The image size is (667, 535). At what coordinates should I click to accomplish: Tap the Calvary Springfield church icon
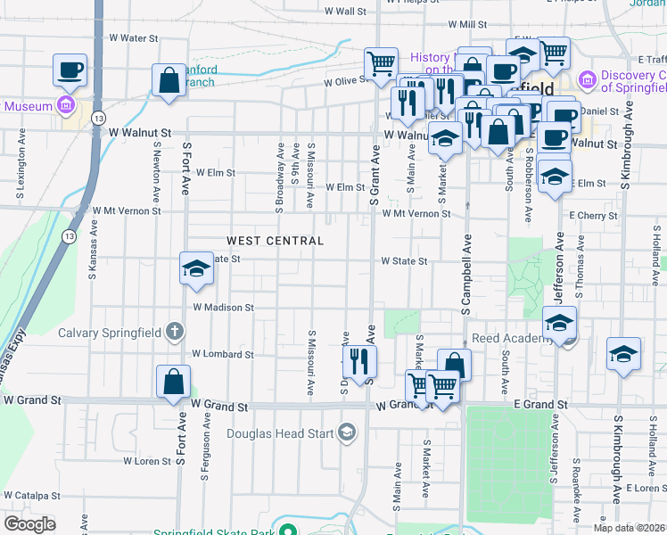click(x=175, y=333)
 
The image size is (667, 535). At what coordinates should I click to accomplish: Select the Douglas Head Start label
click(x=279, y=434)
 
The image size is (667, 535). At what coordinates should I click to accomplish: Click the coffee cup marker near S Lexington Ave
click(x=70, y=69)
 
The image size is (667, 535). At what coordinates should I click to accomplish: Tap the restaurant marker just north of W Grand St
click(x=360, y=360)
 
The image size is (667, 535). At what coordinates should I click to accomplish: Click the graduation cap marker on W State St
click(x=196, y=268)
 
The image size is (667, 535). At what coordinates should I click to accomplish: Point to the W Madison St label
click(x=224, y=308)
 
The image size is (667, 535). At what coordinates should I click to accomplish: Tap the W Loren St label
click(x=146, y=461)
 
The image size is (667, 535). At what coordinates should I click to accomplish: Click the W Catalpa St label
click(x=30, y=495)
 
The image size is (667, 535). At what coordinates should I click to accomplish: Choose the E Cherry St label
click(x=592, y=216)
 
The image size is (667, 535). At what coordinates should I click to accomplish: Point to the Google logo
click(x=29, y=524)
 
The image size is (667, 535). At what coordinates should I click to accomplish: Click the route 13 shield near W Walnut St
click(x=98, y=118)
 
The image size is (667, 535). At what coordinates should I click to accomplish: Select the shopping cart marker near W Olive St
click(x=381, y=63)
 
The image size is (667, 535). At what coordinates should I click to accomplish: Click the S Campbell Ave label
click(x=465, y=276)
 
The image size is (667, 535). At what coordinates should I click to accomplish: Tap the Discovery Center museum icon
click(x=588, y=81)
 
